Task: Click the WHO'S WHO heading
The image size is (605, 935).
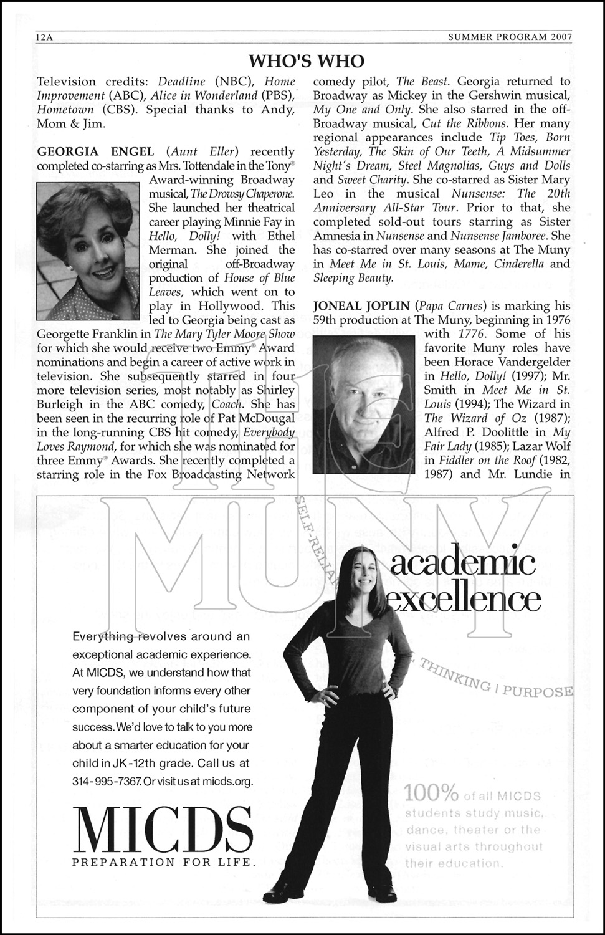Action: click(x=306, y=60)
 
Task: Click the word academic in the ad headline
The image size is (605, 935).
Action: click(x=462, y=563)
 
